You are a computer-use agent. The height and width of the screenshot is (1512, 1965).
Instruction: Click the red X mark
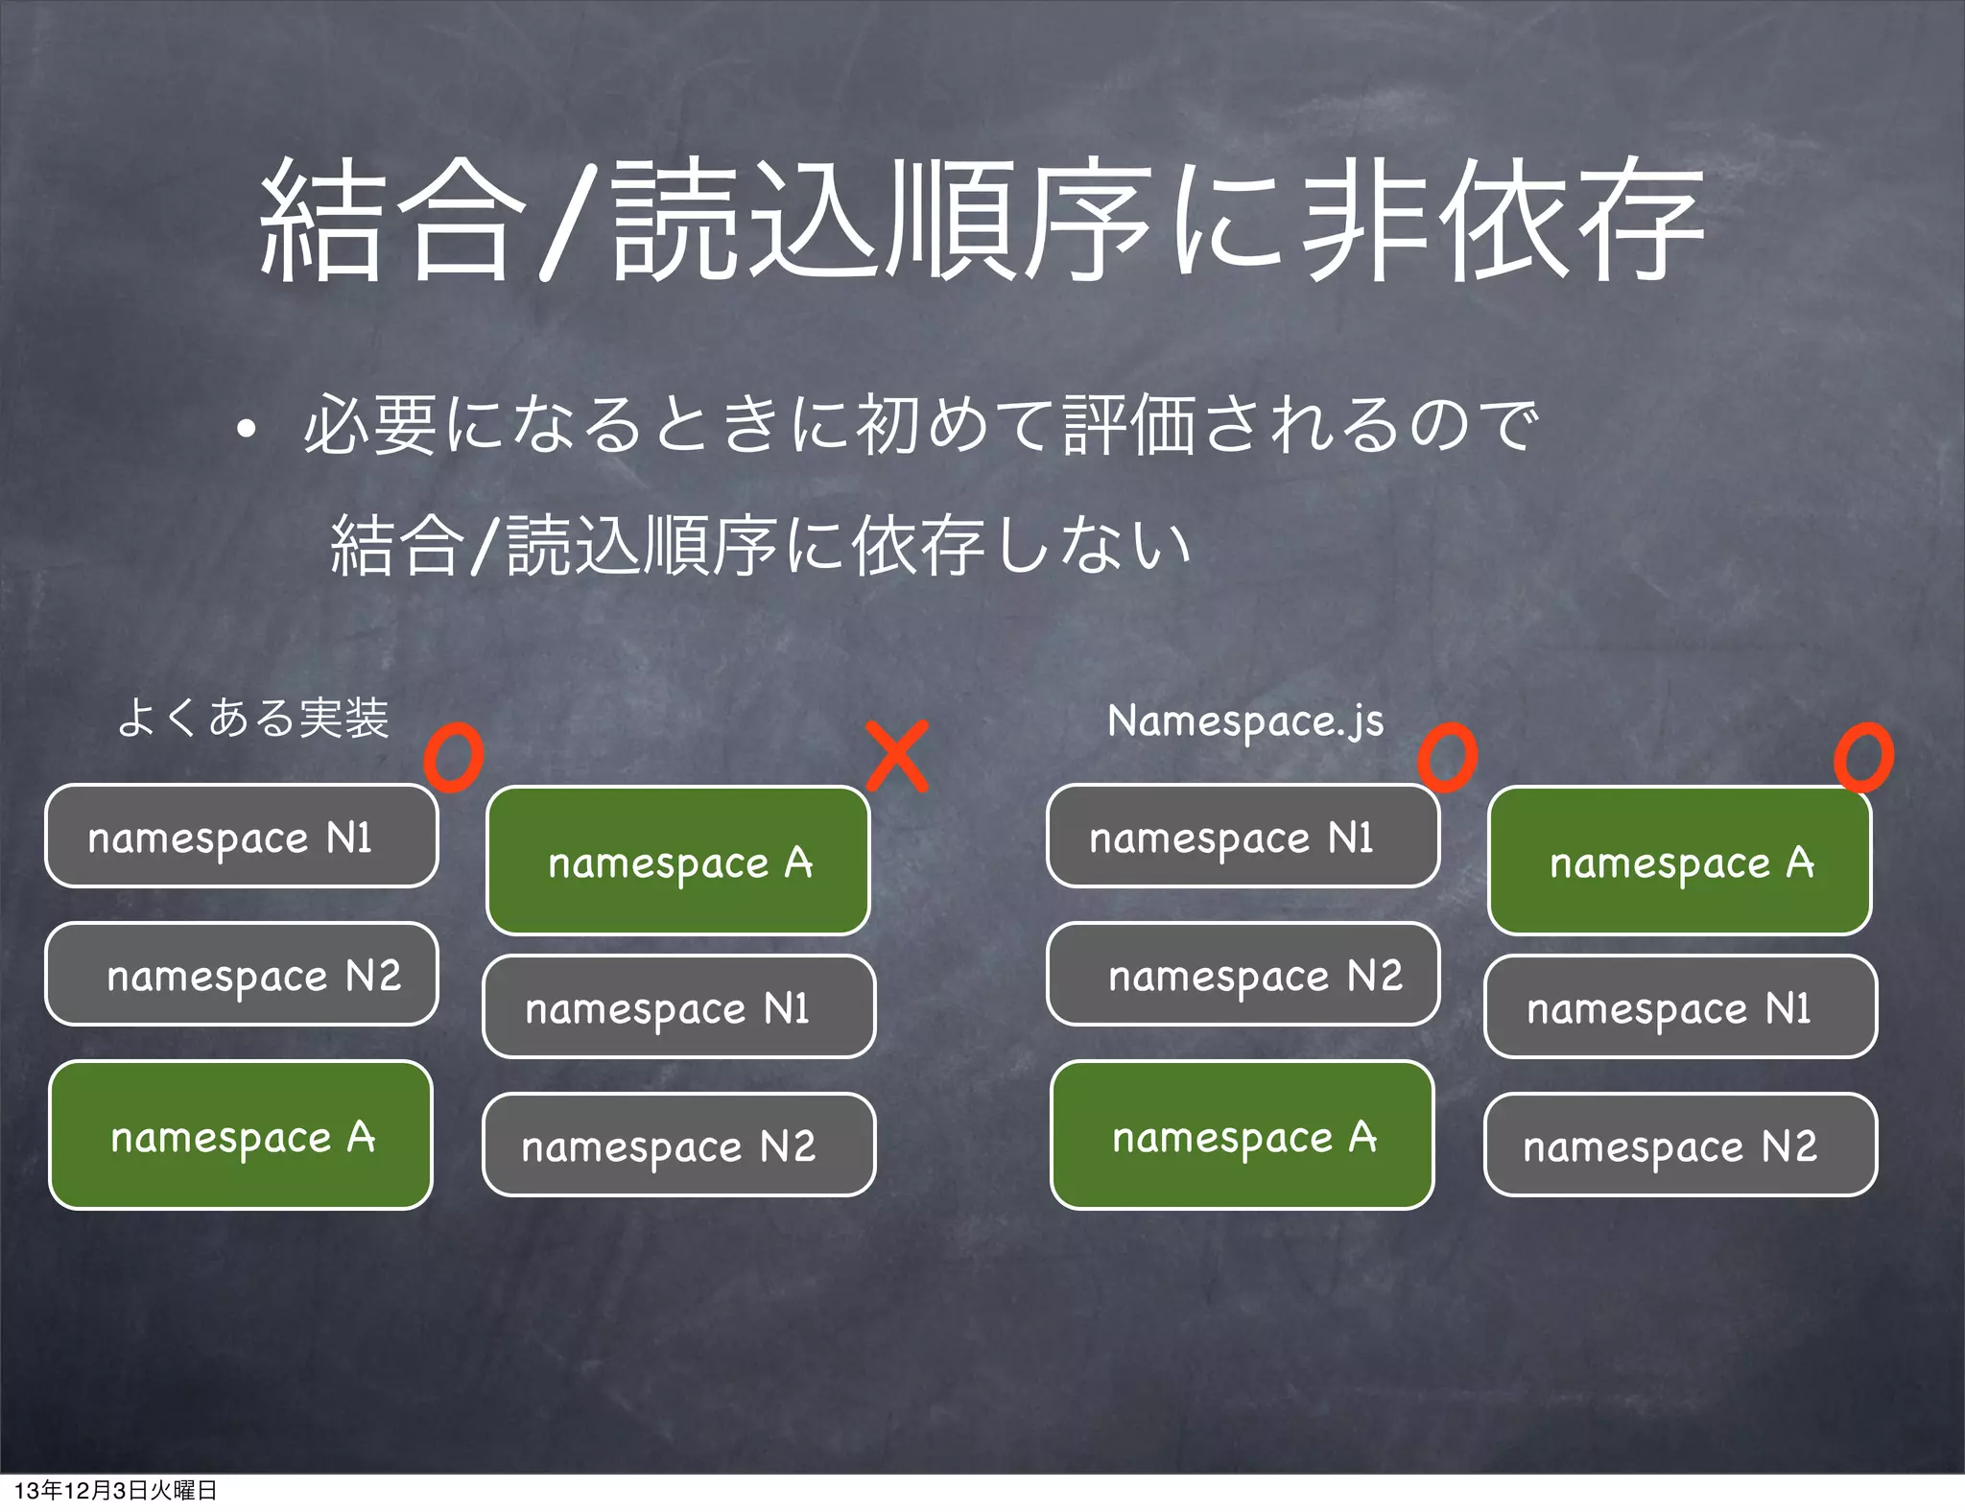coord(897,757)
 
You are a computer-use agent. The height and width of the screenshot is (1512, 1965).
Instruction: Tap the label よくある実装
coord(253,718)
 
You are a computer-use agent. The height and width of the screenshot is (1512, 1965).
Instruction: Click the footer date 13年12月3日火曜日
coord(115,1490)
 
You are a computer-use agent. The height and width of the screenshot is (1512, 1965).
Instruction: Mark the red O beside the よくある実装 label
coord(454,757)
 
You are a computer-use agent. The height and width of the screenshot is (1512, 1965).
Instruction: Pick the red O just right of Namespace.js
coord(1448,757)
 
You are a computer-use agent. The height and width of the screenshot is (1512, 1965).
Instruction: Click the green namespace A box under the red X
coord(678,861)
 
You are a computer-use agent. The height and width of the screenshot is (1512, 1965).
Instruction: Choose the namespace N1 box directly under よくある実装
coord(242,837)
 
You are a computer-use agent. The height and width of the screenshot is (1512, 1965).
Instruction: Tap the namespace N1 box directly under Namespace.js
coord(1243,837)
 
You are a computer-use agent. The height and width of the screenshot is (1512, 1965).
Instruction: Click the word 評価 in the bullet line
coord(1128,425)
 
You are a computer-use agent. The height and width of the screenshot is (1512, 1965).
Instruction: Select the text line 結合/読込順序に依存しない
coord(760,547)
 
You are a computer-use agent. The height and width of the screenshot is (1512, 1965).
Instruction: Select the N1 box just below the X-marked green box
coord(678,1006)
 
